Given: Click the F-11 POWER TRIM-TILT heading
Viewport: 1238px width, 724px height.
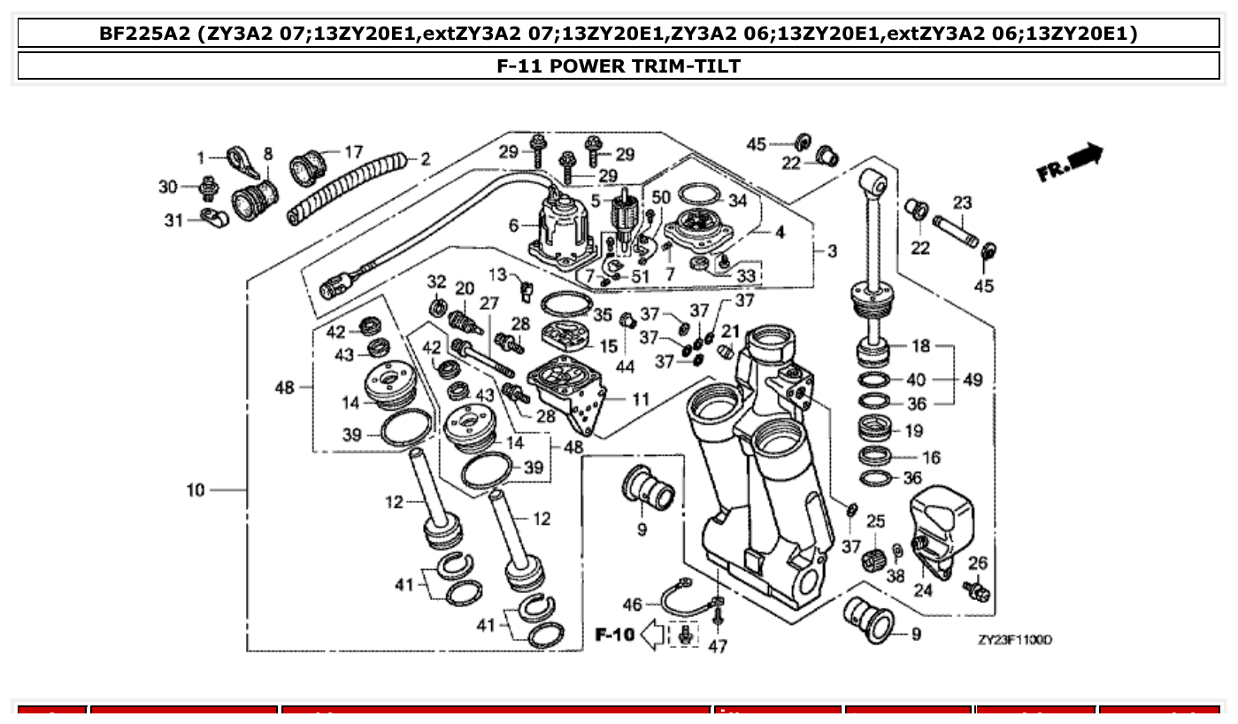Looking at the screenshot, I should click(619, 65).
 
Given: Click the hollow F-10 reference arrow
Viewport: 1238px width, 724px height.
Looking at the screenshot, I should click(651, 635).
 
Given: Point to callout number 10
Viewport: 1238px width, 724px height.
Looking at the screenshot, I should click(196, 489).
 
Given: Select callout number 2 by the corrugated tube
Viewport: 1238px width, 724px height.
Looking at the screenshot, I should click(426, 159).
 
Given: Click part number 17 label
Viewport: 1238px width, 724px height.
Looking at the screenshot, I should click(353, 152).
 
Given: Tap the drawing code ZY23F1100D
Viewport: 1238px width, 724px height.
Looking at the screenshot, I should click(1014, 640).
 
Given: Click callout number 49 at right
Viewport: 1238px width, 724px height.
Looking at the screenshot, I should click(973, 380).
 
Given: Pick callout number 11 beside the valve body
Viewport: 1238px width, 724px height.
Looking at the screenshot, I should click(641, 399).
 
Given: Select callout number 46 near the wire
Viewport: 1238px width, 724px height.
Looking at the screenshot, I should click(632, 605).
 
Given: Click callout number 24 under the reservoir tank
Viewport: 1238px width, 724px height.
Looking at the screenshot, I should click(923, 590).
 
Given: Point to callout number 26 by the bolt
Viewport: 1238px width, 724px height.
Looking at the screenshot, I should click(977, 563).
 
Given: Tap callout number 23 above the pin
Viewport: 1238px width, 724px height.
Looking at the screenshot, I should click(962, 203).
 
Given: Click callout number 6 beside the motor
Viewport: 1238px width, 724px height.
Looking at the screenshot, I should click(514, 226).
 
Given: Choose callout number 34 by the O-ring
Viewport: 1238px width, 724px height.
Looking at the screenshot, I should click(738, 201).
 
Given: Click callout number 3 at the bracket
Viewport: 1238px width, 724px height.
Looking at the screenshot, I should click(832, 251).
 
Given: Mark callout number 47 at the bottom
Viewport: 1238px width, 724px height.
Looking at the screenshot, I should click(718, 647).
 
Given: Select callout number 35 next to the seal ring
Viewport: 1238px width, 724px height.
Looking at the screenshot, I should click(603, 315).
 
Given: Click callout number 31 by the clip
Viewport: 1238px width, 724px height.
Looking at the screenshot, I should click(174, 220).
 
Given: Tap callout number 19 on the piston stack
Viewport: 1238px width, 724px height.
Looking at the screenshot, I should click(913, 431).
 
